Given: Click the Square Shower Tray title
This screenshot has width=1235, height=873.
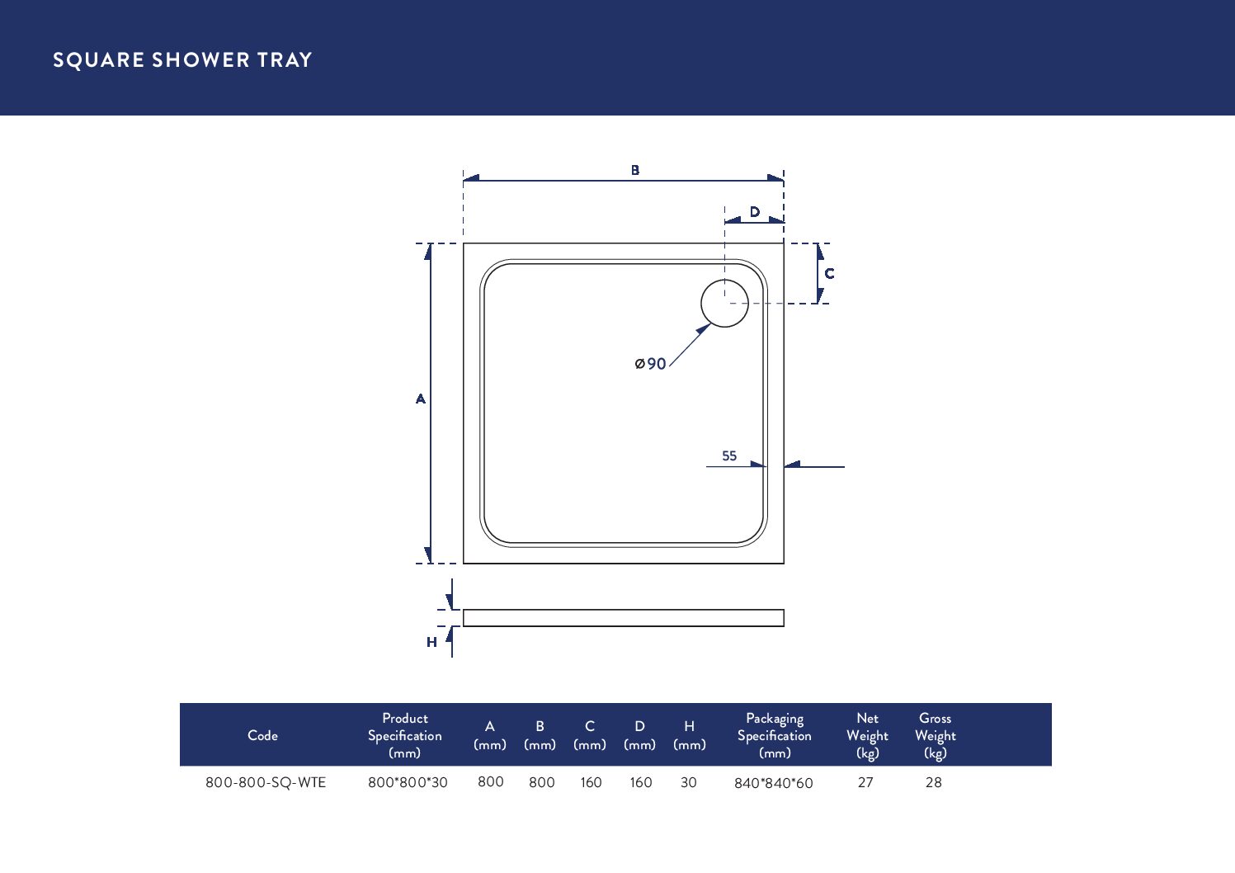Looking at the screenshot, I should (182, 60).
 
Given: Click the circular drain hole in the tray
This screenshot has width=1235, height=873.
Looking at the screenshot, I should (724, 304).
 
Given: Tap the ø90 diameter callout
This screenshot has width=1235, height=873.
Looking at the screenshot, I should (651, 364).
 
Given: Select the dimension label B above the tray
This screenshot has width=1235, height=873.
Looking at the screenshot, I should (635, 170).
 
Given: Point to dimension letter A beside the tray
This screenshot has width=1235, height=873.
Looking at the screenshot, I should (421, 399).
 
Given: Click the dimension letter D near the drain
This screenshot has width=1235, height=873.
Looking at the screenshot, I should (754, 212).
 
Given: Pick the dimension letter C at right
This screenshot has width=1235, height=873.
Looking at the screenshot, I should (829, 274).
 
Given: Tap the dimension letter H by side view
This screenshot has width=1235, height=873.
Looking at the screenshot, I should (431, 642).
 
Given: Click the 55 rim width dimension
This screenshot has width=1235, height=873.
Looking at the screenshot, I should (729, 455).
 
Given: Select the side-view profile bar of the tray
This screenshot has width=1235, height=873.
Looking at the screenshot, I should (623, 618).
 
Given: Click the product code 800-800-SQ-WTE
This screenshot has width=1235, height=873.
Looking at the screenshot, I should (266, 782).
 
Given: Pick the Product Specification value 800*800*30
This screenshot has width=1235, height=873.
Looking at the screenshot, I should (408, 782).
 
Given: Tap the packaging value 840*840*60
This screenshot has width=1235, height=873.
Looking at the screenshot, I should (773, 783).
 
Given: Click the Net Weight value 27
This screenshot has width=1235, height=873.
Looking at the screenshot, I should (865, 782).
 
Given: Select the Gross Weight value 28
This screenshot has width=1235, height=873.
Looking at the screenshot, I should (933, 782).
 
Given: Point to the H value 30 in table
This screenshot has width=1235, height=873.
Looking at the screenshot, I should (689, 782).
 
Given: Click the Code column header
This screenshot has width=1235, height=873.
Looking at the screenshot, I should (262, 735).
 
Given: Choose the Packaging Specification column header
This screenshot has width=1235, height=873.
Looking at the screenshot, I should (774, 735).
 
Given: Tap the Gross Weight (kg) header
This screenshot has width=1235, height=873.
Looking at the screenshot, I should (935, 735).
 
